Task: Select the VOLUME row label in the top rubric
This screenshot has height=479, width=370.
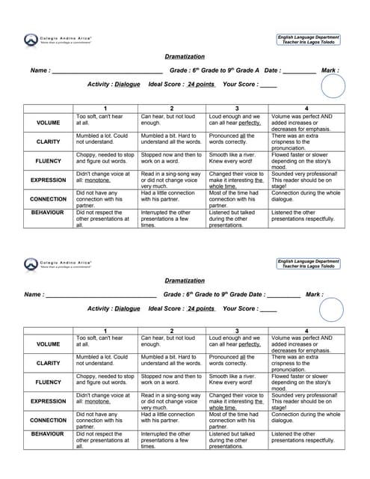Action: (48, 122)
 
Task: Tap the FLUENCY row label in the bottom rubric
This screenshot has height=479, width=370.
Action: (48, 382)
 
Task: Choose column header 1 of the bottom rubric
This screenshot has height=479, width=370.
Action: (105, 330)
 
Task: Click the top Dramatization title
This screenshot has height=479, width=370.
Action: (184, 56)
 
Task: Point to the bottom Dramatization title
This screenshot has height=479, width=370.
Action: (184, 281)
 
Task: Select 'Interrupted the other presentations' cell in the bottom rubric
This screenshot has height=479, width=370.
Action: (171, 441)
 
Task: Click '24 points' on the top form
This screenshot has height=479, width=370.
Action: (201, 85)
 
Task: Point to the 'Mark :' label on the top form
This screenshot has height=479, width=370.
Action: (330, 70)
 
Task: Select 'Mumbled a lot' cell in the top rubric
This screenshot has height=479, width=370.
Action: (105, 140)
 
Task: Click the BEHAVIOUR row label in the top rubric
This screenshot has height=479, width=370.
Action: (48, 213)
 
